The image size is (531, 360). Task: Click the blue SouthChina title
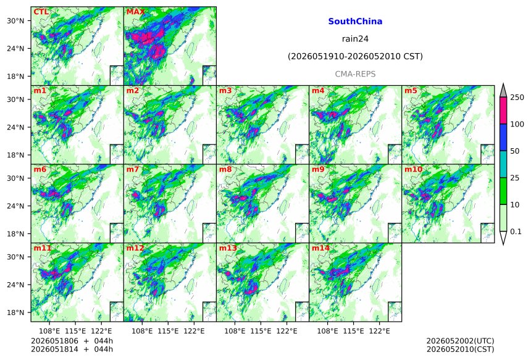point(355,22)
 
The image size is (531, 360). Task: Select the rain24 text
point(355,39)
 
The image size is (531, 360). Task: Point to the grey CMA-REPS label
point(355,74)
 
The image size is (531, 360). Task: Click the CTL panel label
point(41,12)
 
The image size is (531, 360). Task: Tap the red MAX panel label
point(135,12)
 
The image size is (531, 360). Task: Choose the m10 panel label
point(413,169)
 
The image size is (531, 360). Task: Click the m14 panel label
point(320,248)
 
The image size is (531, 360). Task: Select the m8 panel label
point(225,169)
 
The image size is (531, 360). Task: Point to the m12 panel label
point(135,248)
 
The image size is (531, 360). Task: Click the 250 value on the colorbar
point(517,98)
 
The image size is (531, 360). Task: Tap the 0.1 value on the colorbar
point(516,232)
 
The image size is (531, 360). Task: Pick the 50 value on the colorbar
point(515,151)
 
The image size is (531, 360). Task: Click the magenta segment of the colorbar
point(503,111)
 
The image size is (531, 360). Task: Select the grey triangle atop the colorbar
point(503,91)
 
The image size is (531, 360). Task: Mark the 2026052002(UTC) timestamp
point(460,341)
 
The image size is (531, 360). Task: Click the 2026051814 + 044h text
point(72,349)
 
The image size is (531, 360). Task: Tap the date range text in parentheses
point(355,56)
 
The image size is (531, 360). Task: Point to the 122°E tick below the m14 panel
point(379,330)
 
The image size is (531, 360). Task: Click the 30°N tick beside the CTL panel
point(15,21)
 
